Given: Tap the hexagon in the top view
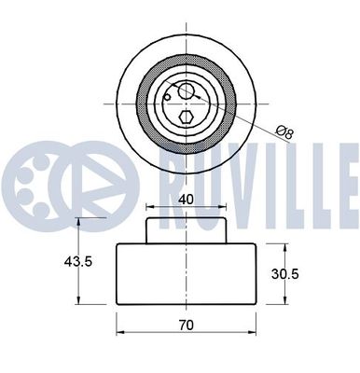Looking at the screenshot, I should [187, 117].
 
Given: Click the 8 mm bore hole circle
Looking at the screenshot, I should [187, 91].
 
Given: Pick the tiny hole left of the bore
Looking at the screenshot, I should [166, 94].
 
